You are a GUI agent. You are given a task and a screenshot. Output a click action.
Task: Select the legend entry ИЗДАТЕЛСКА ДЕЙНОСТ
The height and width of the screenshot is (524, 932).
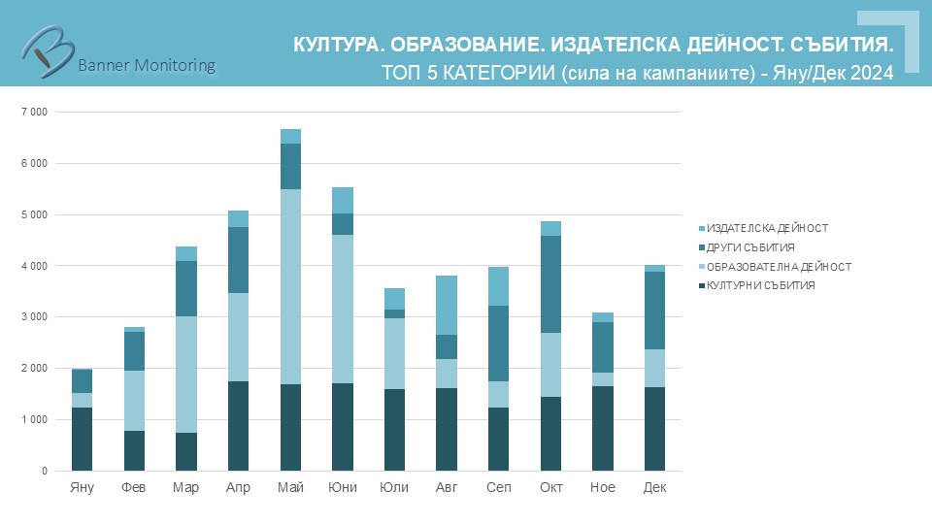(767, 227)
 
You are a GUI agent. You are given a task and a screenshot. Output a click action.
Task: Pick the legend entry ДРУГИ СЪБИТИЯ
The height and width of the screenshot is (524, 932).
(751, 246)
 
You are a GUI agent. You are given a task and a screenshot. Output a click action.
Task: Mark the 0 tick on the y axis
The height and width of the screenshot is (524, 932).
(44, 472)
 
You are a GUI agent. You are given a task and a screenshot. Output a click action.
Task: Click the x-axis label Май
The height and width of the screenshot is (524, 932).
(290, 487)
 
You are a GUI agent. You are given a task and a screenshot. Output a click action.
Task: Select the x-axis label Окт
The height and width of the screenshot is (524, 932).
(550, 487)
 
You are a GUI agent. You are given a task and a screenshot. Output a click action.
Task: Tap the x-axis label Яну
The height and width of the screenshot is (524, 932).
(83, 487)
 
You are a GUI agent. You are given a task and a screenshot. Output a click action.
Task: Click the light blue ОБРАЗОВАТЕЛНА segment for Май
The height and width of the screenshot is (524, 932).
(290, 286)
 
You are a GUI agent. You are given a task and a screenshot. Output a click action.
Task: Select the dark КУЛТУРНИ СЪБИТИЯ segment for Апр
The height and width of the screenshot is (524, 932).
(238, 426)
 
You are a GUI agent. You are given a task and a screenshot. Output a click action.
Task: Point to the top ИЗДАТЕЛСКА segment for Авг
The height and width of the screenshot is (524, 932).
(447, 305)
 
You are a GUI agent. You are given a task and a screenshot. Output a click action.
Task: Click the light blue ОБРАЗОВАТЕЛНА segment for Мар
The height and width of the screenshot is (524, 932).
(186, 374)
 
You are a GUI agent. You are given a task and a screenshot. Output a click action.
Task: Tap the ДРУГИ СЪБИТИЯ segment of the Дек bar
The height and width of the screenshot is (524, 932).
(654, 310)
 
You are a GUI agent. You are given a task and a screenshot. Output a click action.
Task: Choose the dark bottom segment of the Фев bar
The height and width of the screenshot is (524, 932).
(134, 450)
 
